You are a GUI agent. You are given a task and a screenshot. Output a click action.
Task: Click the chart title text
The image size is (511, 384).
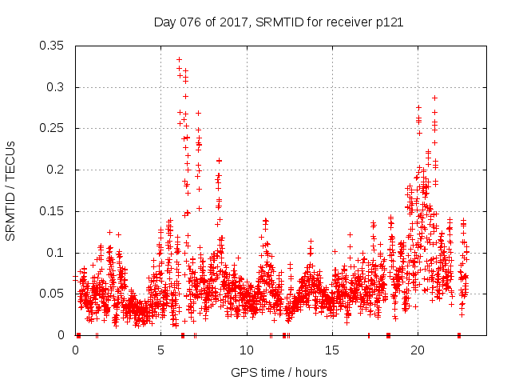pos(278,22)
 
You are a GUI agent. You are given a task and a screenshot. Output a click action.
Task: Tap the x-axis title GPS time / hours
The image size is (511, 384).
pos(278,372)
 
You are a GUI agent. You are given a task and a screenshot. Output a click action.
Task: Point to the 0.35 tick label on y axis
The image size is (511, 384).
pos(52,46)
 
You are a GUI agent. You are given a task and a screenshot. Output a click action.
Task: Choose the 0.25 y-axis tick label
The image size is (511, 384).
pos(52,128)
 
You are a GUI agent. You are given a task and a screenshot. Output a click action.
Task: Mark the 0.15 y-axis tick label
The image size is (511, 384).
pos(52,211)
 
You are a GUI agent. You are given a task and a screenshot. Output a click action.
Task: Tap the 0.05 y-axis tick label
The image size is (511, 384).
pos(52,294)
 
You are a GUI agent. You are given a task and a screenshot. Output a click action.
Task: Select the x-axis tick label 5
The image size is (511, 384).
pos(161,350)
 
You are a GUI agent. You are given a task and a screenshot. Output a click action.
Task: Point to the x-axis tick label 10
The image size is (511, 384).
pos(247,350)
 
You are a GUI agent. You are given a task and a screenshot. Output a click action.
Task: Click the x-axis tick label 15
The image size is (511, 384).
pos(332,350)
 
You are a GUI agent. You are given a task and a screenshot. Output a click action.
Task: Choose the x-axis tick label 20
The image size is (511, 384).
pos(418,350)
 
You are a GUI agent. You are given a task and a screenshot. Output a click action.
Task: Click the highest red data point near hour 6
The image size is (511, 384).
pos(179,59)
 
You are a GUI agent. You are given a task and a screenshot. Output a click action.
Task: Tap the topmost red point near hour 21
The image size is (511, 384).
pos(434,98)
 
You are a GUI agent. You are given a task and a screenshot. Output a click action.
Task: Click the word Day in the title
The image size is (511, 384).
pos(164,22)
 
